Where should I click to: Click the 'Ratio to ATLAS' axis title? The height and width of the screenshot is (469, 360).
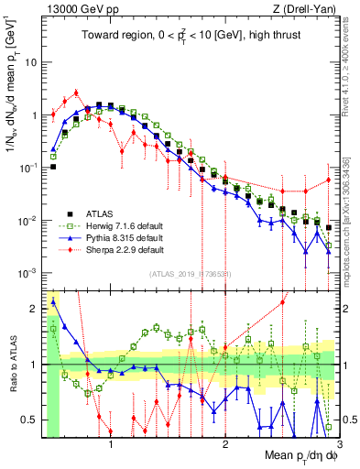(11, 364)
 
